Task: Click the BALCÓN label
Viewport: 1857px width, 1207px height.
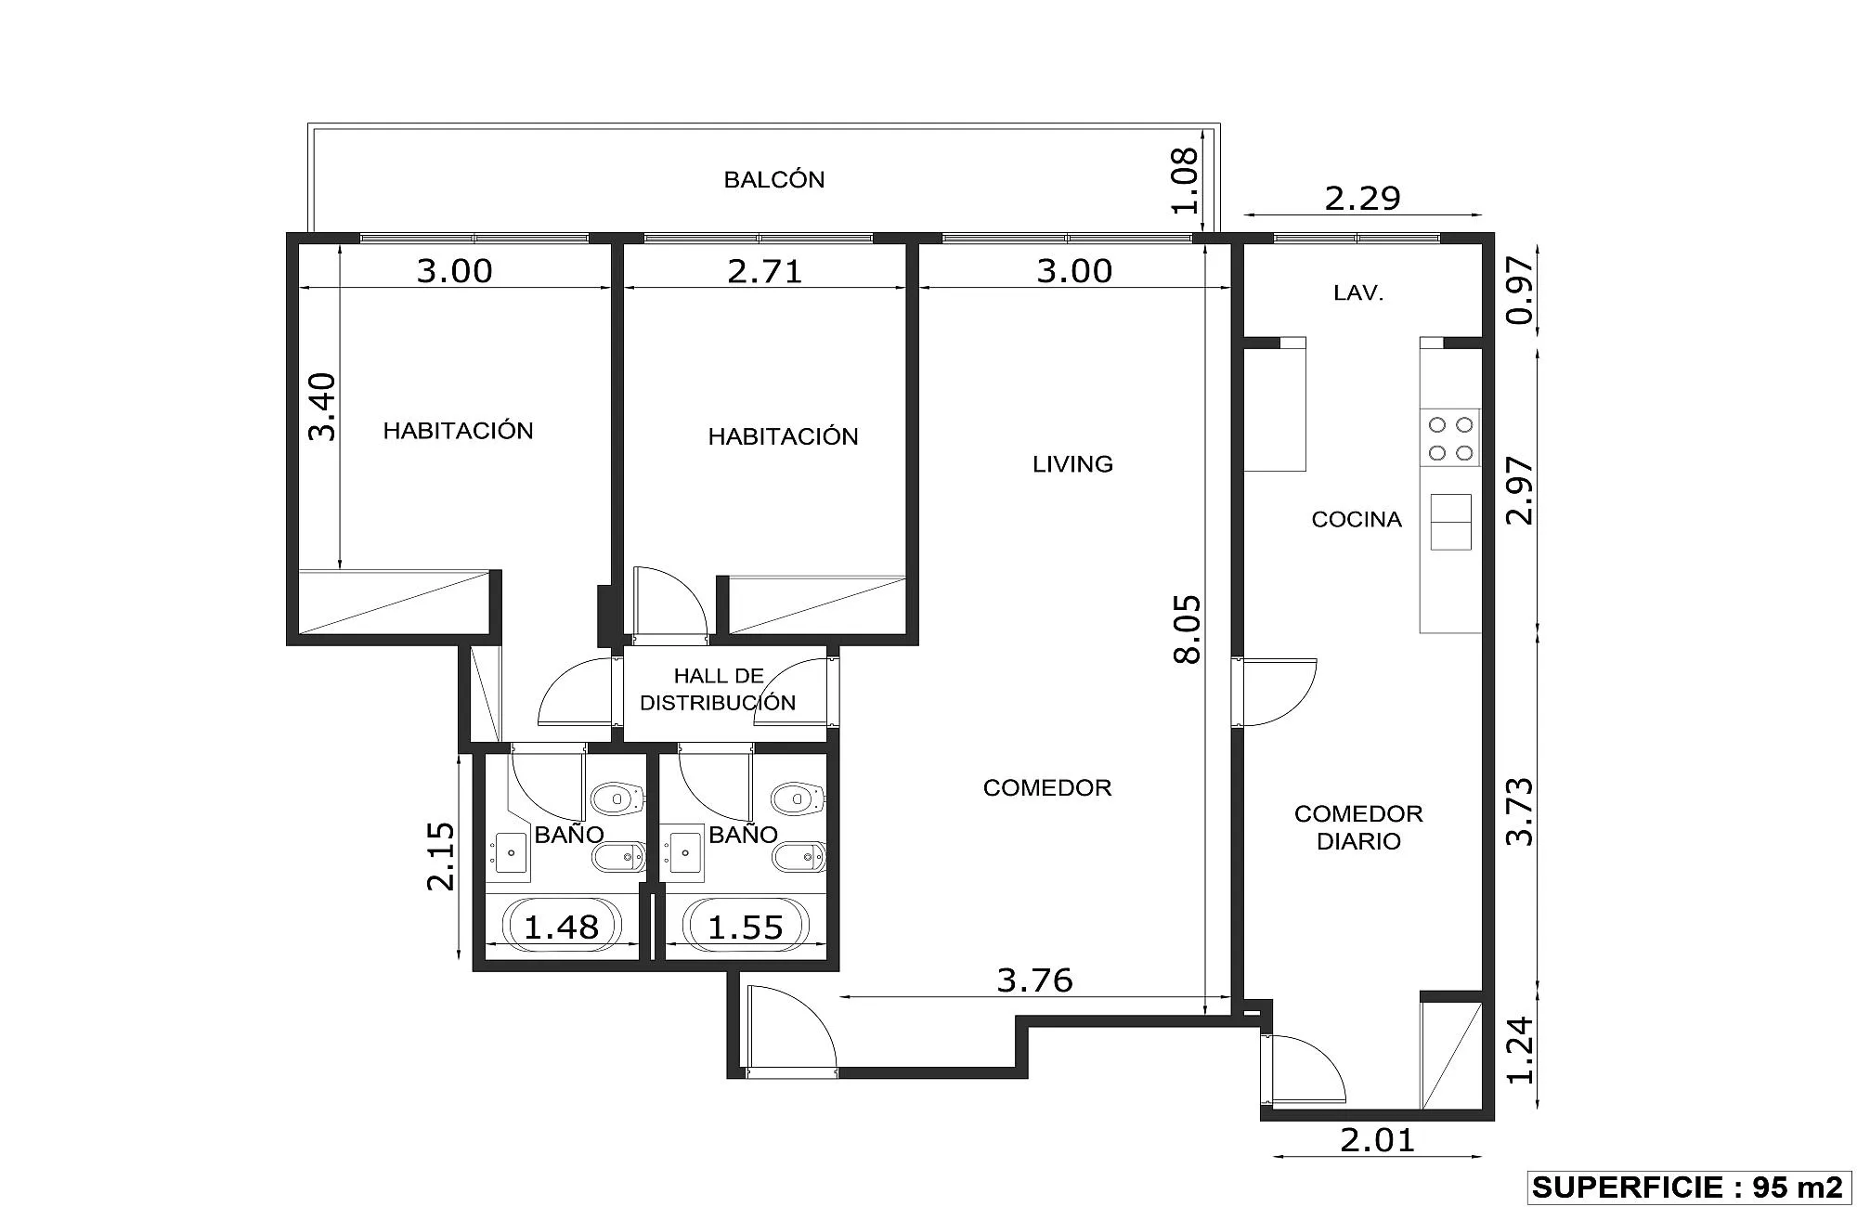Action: pos(774,179)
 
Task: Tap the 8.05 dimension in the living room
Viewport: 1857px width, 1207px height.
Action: pos(1188,629)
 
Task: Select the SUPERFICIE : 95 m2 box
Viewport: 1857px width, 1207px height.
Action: pos(1688,1187)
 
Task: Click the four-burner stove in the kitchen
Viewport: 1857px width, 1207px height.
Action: pos(1450,438)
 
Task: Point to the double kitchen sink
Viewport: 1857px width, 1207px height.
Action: pos(1450,522)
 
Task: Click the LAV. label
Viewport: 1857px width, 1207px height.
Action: pos(1358,293)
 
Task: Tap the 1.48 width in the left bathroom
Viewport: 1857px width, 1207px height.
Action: pos(562,927)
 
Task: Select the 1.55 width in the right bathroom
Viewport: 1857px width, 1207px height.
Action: pos(746,927)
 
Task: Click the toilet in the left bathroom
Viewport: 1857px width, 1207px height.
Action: pos(617,798)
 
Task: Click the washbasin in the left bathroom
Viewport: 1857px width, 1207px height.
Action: pos(510,851)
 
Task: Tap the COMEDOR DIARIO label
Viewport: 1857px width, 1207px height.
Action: pos(1358,827)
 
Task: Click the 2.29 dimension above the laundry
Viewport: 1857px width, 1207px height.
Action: pos(1362,198)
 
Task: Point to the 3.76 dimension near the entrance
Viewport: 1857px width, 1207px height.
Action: pos(1034,980)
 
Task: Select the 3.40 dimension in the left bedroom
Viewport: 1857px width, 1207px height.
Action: pos(322,406)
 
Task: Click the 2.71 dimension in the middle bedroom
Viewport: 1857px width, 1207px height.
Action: pos(764,271)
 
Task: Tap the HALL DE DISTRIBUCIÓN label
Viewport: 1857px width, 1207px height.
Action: pos(718,689)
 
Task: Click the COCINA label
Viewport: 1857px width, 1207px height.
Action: pos(1357,519)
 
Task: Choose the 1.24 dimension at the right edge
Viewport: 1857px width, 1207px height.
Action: pos(1520,1050)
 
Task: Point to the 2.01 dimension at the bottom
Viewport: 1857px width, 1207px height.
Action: pos(1378,1139)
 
